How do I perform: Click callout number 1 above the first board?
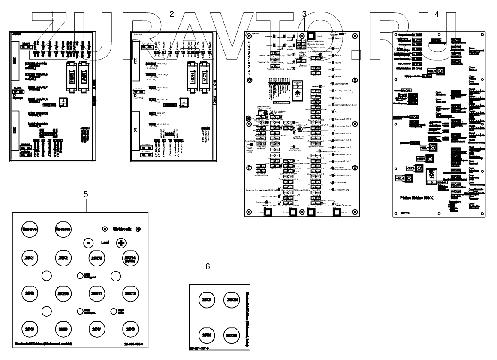tap(53, 14)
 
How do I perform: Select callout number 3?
tap(304, 14)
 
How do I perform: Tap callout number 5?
tap(86, 194)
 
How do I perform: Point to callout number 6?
tap(208, 266)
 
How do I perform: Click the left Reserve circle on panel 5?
tap(30, 230)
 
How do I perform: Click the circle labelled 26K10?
tap(63, 293)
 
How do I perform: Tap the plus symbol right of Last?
tap(121, 242)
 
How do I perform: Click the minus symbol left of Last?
tap(87, 242)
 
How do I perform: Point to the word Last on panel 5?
tap(104, 242)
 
